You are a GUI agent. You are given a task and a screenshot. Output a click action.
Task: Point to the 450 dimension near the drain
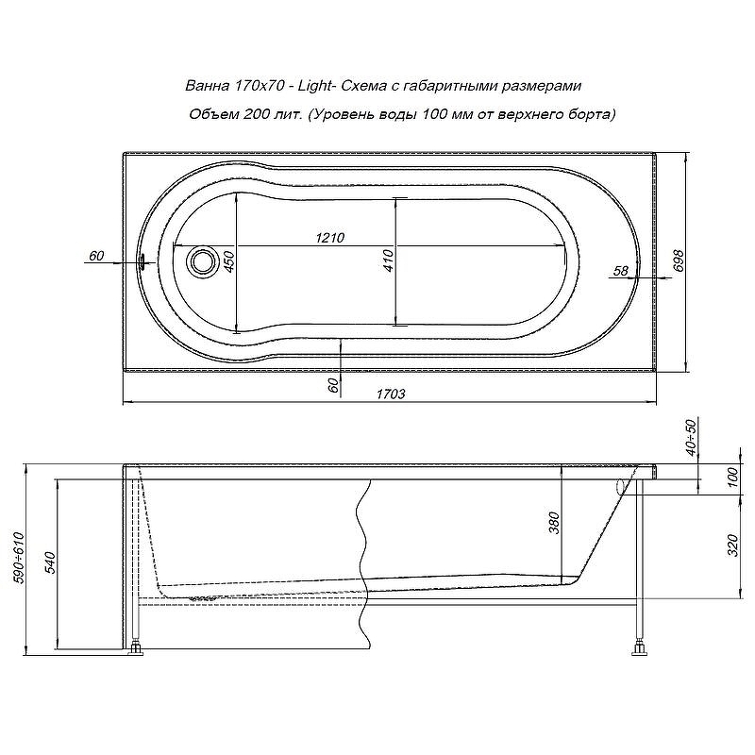227,261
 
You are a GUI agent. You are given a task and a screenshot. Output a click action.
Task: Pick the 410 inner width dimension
387,261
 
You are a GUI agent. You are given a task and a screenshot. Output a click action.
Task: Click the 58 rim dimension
620,271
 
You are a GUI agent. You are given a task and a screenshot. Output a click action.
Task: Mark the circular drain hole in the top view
201,260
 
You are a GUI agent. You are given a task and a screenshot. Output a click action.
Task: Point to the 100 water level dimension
731,478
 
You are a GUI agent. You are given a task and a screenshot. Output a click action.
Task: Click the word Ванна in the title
206,86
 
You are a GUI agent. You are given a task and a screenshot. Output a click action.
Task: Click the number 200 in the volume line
254,114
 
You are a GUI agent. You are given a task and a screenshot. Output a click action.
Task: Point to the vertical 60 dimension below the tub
331,385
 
